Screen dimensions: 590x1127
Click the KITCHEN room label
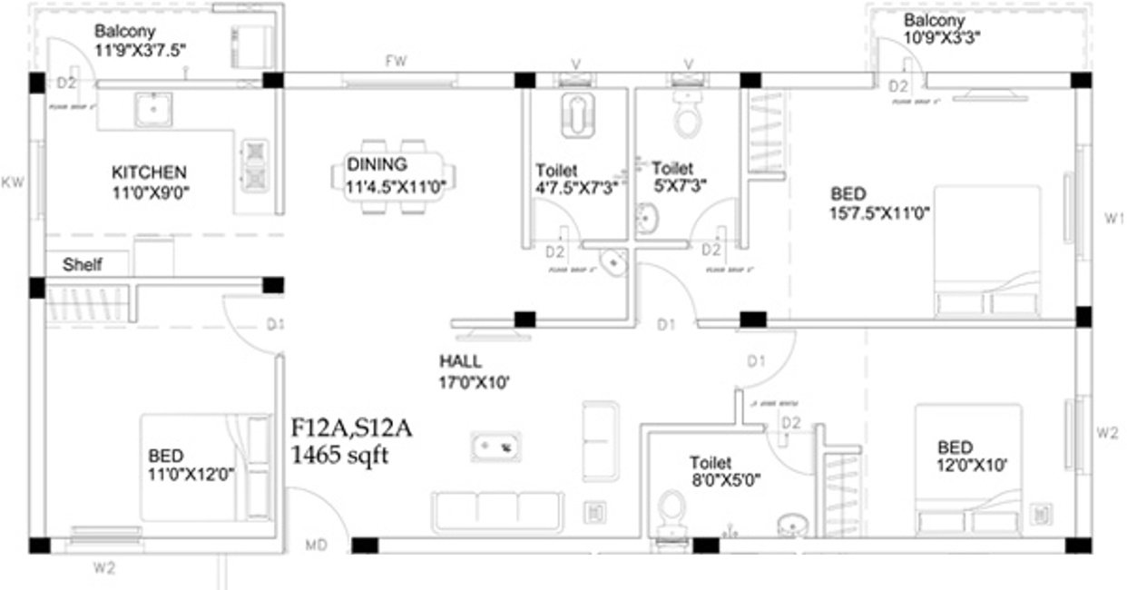(x=149, y=172)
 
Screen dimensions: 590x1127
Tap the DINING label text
(x=377, y=165)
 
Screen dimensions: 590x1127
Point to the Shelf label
(x=82, y=265)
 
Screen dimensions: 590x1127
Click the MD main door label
(x=316, y=546)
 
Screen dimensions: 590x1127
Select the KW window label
(x=12, y=182)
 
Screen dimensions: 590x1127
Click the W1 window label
(x=1113, y=218)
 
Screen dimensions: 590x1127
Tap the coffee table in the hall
(x=495, y=446)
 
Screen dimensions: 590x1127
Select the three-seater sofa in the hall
(x=497, y=511)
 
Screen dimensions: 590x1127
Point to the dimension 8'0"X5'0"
(x=724, y=481)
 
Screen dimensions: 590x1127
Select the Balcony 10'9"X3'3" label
(x=941, y=29)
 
